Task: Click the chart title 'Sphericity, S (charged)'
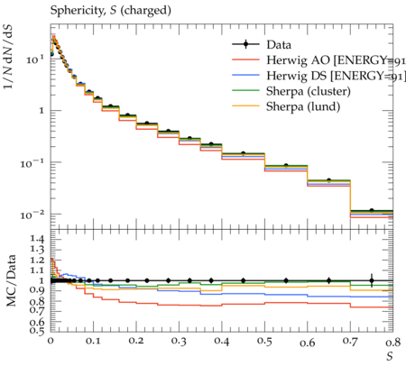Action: pos(111,11)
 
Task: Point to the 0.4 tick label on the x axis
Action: pos(222,342)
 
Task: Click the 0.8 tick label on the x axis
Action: pos(393,342)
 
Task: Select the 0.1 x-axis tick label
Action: pos(93,342)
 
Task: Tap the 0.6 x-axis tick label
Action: pos(308,342)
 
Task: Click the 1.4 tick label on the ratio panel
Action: pos(37,239)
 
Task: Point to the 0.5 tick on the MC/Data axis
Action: pos(37,331)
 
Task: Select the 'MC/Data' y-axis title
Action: pos(11,280)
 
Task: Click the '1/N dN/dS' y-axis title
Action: pos(8,57)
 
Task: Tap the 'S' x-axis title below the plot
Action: pos(390,356)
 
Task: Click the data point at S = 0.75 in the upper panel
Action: pos(372,210)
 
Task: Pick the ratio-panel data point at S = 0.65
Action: pos(329,280)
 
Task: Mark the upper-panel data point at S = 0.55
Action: pos(286,166)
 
